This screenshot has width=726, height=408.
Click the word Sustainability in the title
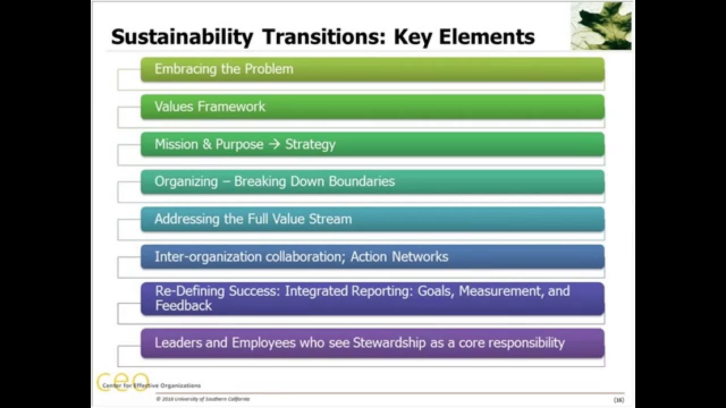pyautogui.click(x=181, y=37)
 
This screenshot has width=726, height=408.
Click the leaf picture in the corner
pyautogui.click(x=601, y=26)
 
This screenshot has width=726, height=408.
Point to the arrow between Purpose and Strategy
pyautogui.click(x=274, y=144)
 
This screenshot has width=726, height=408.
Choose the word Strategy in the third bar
pyautogui.click(x=310, y=144)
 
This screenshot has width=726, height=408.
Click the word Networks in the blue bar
pyautogui.click(x=420, y=257)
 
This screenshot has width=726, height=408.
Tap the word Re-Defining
pyautogui.click(x=190, y=291)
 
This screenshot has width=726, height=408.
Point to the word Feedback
pyautogui.click(x=183, y=305)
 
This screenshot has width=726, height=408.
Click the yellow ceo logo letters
pyautogui.click(x=123, y=380)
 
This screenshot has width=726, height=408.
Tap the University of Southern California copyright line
pyautogui.click(x=202, y=399)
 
